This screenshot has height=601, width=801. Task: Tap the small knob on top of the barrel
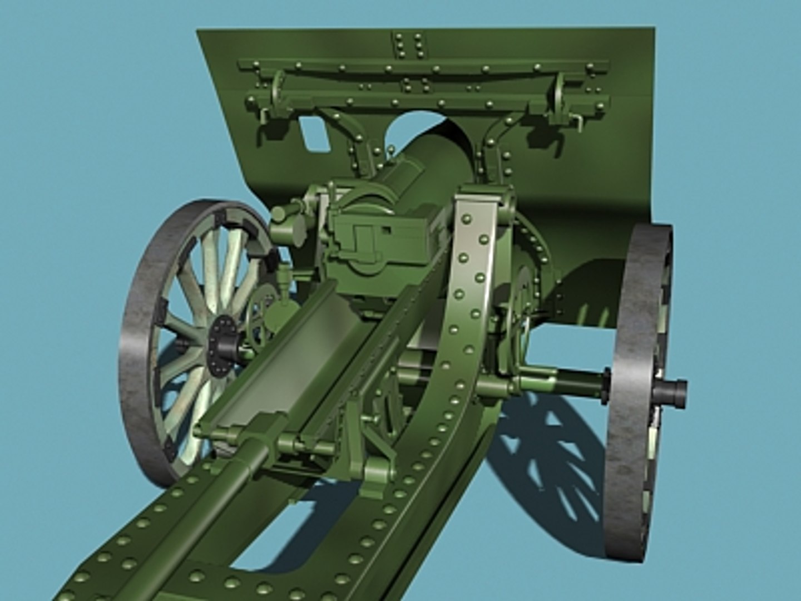coord(391,150)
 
